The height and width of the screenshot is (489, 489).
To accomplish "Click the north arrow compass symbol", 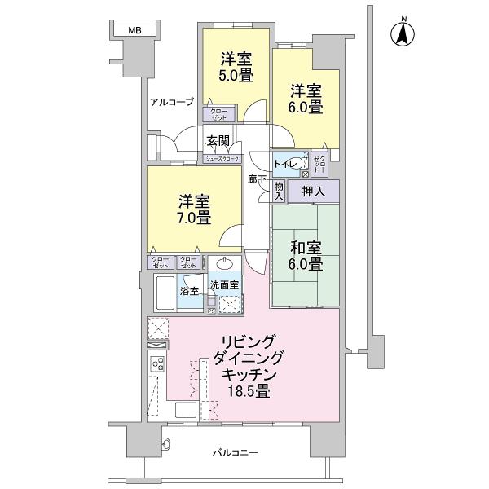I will click(x=402, y=34).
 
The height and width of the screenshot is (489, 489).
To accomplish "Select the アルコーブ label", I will click(x=171, y=102).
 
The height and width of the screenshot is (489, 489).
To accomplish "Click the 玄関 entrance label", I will click(x=217, y=139).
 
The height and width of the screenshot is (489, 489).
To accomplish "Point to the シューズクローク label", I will click(x=222, y=159).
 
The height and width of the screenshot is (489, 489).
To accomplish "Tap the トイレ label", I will click(x=286, y=163).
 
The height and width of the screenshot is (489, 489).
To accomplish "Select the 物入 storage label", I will click(x=278, y=192).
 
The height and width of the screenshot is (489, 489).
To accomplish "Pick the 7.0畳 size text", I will click(x=194, y=218).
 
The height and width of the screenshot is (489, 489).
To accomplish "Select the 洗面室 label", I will click(x=223, y=284).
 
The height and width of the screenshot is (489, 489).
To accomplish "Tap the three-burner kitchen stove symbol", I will click(x=156, y=365).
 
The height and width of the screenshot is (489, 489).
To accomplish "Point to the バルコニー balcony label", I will click(x=236, y=452).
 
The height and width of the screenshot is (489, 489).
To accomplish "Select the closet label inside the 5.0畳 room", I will click(x=219, y=114).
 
